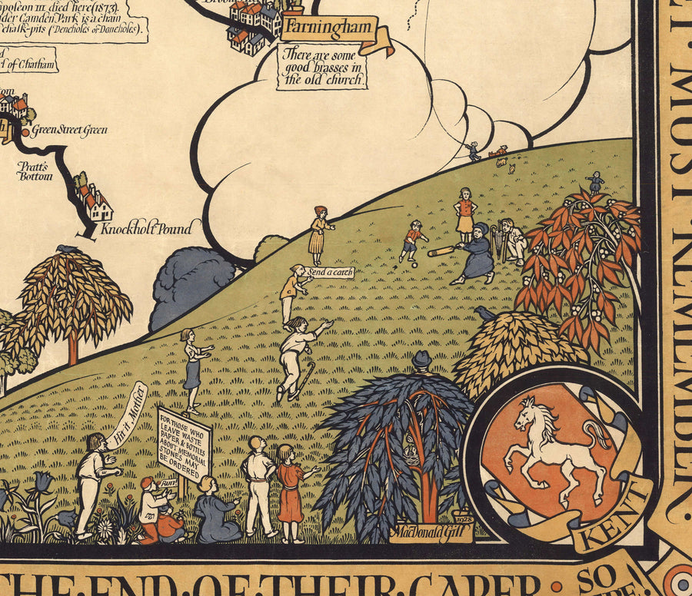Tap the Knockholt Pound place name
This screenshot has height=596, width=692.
coord(145,227)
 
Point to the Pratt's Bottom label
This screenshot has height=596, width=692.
coord(35,171)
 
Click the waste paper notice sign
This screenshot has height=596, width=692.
coord(184,443)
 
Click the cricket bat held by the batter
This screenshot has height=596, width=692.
coord(444,250)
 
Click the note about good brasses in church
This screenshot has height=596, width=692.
coord(323,67)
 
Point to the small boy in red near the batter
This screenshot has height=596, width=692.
coord(414,240)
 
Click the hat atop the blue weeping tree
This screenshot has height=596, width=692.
coord(421,359)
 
